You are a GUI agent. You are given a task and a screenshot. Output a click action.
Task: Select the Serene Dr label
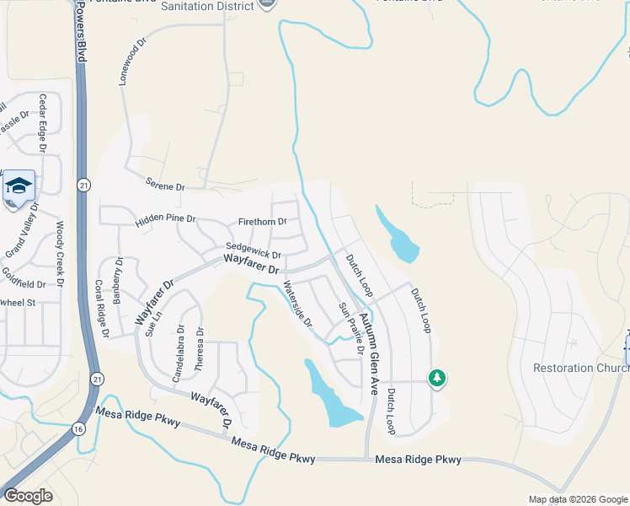point(164,184)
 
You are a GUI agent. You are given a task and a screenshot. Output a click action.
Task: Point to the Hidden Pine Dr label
point(165,220)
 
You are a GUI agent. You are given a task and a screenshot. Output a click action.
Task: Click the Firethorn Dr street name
point(263,222)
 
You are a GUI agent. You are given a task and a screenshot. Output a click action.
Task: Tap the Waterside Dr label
point(297,304)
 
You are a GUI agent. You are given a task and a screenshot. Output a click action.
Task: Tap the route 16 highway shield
point(78,429)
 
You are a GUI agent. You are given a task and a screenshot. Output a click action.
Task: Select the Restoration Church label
point(581,368)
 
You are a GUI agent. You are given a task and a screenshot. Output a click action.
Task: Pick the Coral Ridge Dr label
point(102,309)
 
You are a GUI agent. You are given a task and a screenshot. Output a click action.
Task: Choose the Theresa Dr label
point(200,352)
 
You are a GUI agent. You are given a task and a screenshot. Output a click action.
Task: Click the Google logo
point(27,495)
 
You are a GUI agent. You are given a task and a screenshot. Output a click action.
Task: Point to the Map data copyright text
point(577,499)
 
